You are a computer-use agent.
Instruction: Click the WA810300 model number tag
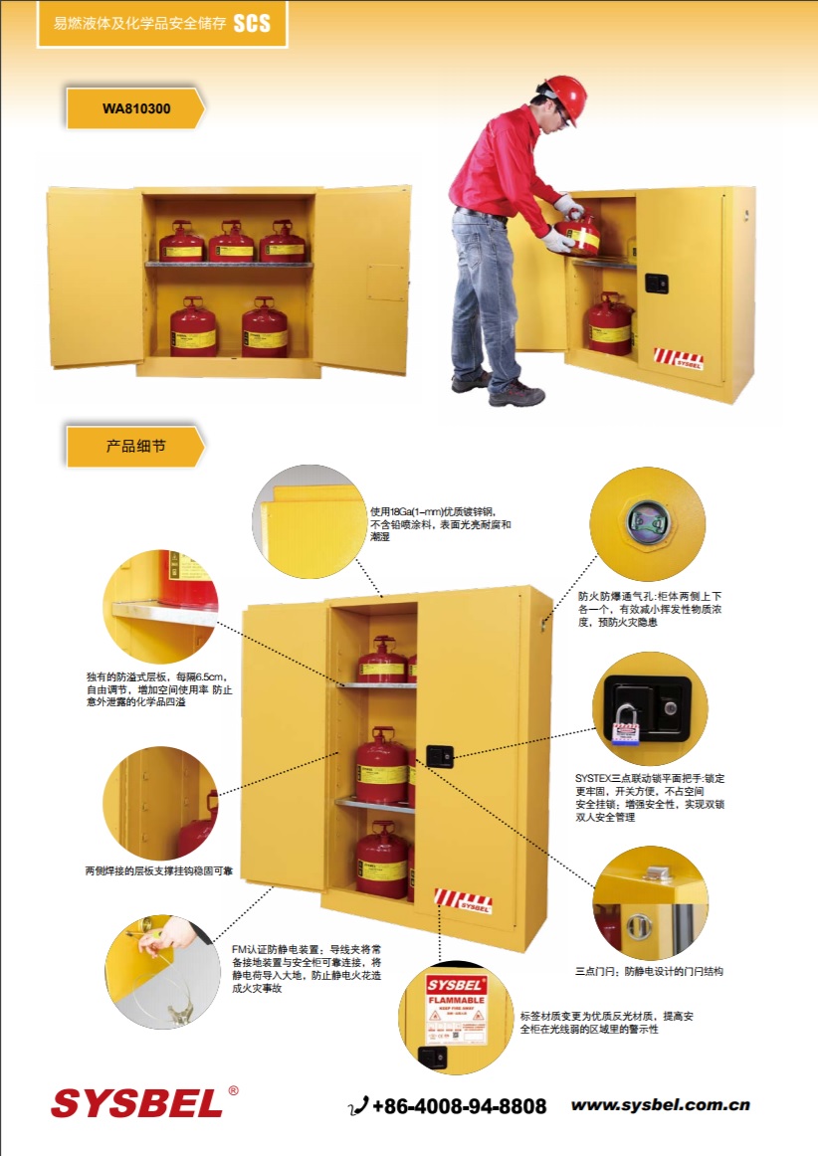[135, 107]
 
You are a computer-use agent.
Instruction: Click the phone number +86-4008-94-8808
[459, 1106]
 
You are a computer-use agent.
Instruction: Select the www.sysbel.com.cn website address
[660, 1105]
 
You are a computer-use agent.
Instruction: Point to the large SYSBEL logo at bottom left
[136, 1102]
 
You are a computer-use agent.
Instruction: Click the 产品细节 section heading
[135, 446]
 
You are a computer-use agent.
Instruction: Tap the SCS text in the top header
[251, 23]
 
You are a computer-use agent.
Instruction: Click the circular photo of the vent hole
[648, 523]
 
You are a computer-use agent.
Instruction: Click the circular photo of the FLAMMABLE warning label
[457, 1018]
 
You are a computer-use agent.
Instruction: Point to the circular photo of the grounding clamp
[162, 971]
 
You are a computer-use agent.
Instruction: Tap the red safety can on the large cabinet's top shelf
[381, 660]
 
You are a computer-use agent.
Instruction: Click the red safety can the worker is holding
[580, 233]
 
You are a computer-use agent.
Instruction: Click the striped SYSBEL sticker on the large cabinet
[464, 900]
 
